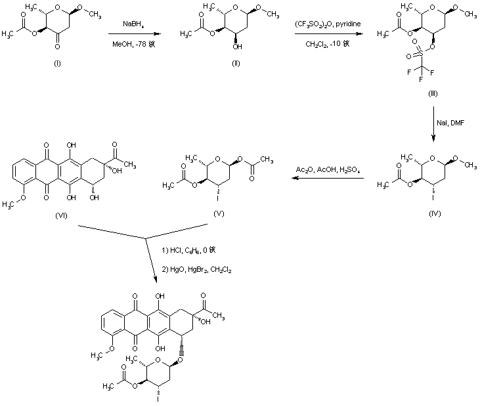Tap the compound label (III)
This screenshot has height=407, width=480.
pos(433,94)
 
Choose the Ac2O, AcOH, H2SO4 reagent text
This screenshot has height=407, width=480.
pos(327,171)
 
